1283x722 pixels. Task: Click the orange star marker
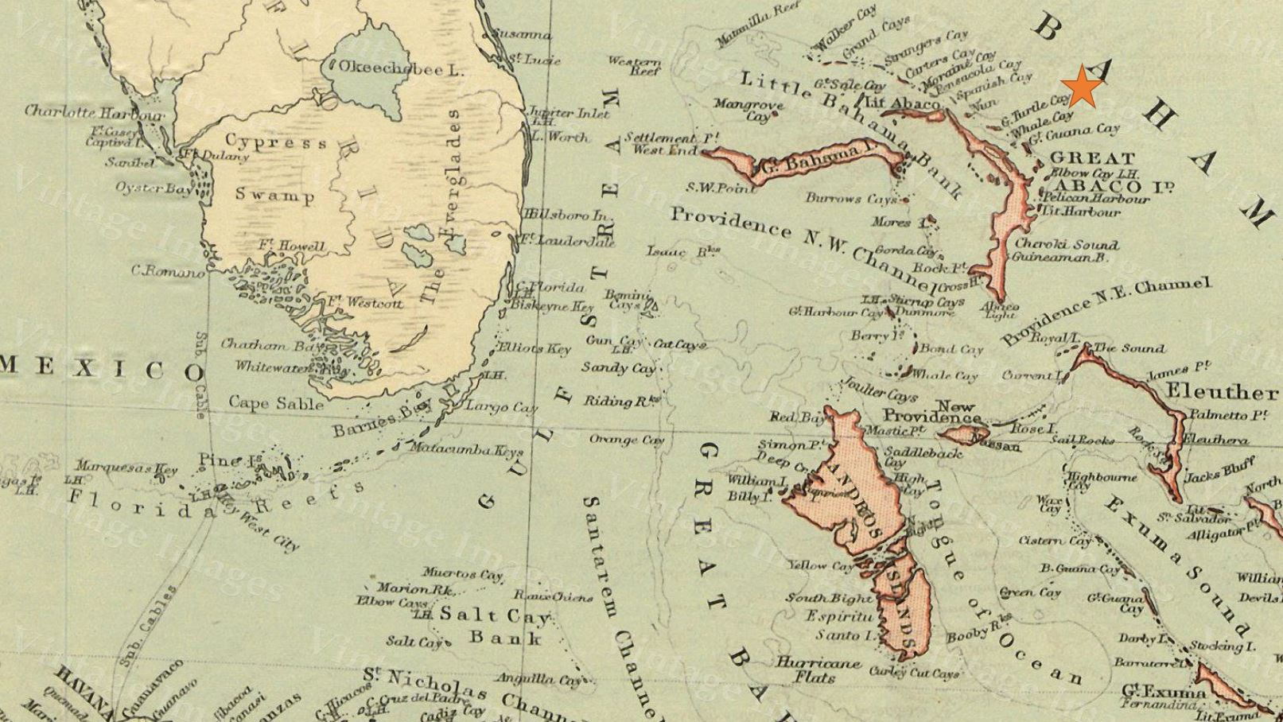(1083, 87)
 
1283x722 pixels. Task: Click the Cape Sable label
(276, 403)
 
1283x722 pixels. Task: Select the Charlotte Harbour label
(94, 112)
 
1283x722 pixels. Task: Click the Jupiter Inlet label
(569, 113)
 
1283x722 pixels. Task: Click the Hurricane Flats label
(818, 670)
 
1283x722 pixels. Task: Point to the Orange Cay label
(626, 440)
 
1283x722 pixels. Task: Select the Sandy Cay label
(618, 368)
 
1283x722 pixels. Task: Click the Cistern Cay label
(1065, 541)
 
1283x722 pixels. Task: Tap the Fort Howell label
(291, 246)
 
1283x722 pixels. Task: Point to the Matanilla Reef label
(756, 25)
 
